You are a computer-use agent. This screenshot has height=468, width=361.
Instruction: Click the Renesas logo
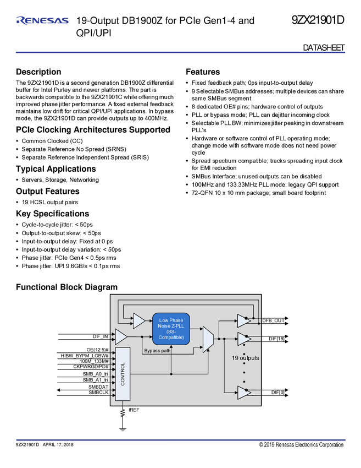click(42, 20)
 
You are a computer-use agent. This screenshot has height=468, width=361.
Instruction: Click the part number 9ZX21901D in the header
click(318, 20)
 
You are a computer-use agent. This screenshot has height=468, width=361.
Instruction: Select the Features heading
click(203, 72)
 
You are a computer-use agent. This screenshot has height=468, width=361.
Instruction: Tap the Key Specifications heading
click(52, 214)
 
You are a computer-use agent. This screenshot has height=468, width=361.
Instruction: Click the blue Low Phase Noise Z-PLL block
click(171, 329)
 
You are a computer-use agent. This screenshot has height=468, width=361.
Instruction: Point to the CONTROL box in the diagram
click(123, 374)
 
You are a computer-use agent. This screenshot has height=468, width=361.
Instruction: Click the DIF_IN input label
click(101, 336)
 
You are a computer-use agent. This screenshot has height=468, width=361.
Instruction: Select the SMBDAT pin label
click(98, 387)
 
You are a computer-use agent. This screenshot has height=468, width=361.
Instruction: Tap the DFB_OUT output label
click(274, 320)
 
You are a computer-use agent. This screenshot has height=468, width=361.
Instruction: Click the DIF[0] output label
click(277, 393)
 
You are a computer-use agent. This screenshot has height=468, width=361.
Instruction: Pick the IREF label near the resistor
click(134, 410)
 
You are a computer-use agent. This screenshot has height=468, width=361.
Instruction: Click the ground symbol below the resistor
click(123, 429)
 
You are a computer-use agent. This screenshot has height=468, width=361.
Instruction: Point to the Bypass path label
click(157, 351)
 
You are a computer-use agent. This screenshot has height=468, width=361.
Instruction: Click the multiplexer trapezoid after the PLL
click(208, 339)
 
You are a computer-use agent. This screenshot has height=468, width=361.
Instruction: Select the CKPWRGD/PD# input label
click(91, 367)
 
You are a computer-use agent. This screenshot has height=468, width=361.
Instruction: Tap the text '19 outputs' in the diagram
click(246, 358)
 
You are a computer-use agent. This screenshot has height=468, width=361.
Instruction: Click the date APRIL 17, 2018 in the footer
click(58, 444)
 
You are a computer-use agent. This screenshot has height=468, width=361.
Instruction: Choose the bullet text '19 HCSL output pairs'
click(50, 203)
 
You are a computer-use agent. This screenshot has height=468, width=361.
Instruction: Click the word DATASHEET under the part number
click(324, 48)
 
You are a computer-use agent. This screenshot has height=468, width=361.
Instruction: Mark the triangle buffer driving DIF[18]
click(244, 339)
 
